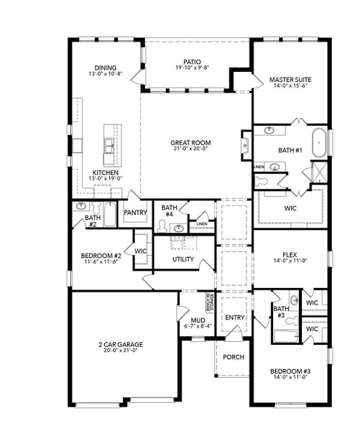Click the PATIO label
(x=192, y=62)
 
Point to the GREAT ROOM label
(x=190, y=142)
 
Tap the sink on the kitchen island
(x=110, y=146)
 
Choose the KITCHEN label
(x=105, y=173)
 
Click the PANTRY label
(x=135, y=213)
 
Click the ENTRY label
(x=234, y=318)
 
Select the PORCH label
(x=233, y=357)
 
